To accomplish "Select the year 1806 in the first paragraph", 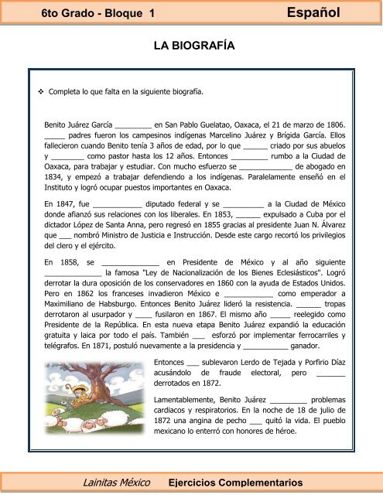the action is tap(333, 123).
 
